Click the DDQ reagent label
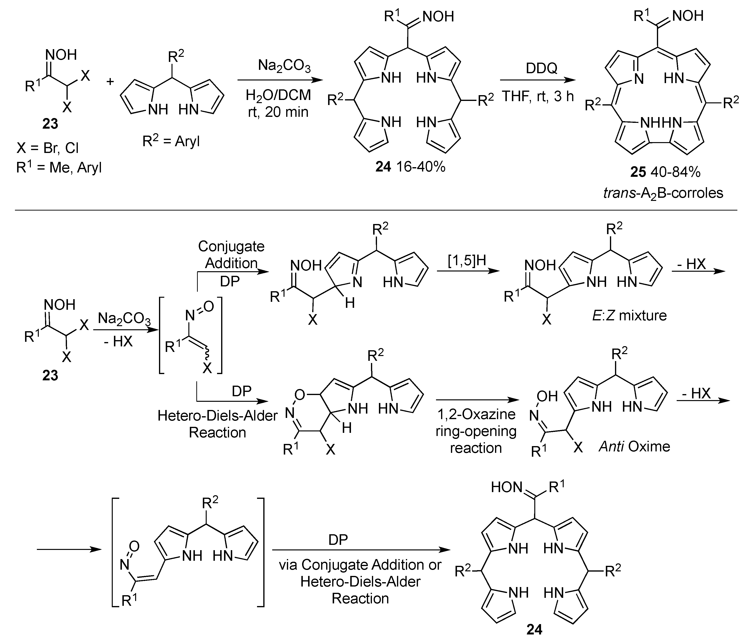click(x=542, y=67)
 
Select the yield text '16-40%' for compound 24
click(x=421, y=167)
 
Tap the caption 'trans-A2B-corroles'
click(x=663, y=193)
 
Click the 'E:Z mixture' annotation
click(x=629, y=316)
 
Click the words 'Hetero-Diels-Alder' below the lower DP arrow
click(x=217, y=416)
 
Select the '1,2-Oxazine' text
click(x=476, y=414)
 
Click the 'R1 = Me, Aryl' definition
click(x=59, y=167)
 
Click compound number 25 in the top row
click(x=638, y=172)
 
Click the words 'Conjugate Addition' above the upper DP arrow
click(x=231, y=255)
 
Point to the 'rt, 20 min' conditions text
click(x=278, y=112)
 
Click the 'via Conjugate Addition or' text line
click(x=360, y=565)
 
